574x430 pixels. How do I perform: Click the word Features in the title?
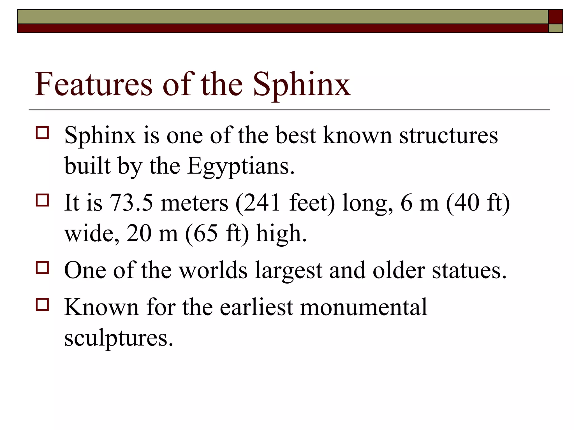click(x=93, y=84)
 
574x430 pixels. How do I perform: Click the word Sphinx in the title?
click(x=302, y=85)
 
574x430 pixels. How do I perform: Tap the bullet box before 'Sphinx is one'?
click(x=42, y=133)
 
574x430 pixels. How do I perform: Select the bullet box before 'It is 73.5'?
click(x=42, y=200)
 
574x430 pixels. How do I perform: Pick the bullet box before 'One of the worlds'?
click(x=42, y=268)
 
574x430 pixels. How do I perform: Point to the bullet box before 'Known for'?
click(x=42, y=305)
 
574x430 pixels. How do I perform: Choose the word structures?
click(x=448, y=135)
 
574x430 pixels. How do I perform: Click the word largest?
click(x=289, y=271)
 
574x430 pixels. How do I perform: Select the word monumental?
click(x=364, y=307)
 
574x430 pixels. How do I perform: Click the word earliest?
click(x=256, y=307)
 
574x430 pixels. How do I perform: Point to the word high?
click(x=281, y=233)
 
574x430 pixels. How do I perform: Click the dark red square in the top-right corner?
click(x=556, y=17)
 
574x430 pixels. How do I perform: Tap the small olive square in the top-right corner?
click(x=556, y=28)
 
